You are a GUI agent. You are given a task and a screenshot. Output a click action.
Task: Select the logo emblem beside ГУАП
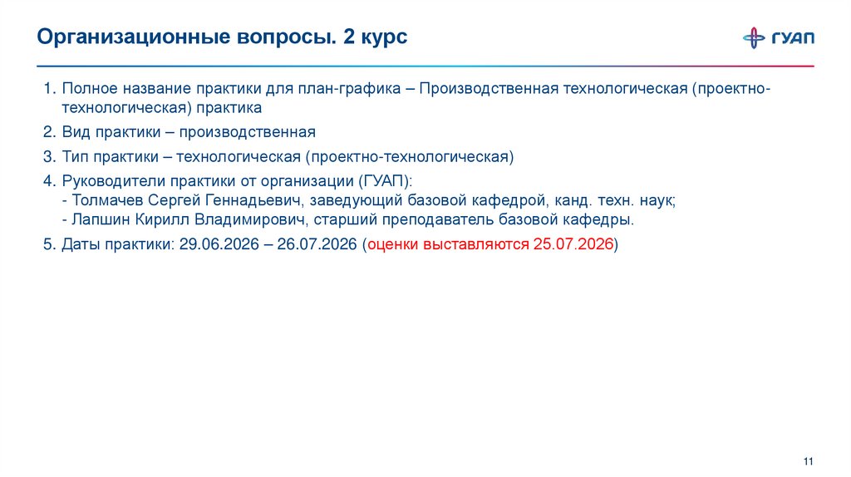pos(755,38)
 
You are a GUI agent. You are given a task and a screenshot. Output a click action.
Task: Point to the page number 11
pos(808,462)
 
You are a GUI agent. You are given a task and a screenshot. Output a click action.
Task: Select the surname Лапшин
pos(100,219)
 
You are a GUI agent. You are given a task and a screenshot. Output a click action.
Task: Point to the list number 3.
pos(49,156)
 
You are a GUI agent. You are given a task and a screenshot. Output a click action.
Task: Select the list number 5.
pos(49,244)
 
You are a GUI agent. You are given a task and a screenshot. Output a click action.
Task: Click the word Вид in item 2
pos(75,132)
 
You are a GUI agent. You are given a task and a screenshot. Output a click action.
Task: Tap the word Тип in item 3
pos(76,156)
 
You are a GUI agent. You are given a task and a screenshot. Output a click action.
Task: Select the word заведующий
pos(355,200)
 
